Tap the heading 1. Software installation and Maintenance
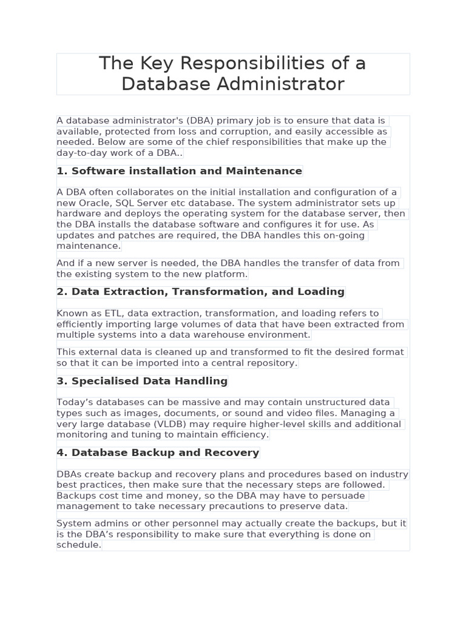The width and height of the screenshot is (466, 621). (x=179, y=171)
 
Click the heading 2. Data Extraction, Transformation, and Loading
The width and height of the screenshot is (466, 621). (x=200, y=292)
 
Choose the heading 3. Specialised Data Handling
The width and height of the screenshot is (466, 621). (x=142, y=381)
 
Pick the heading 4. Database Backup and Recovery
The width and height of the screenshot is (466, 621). (x=158, y=453)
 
